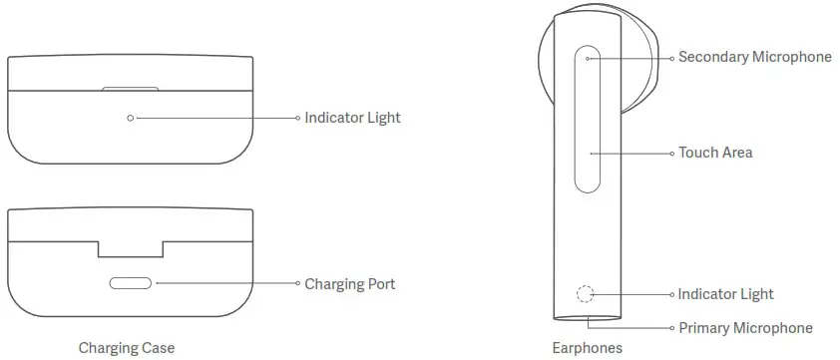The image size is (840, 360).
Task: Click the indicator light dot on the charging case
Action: [131, 118]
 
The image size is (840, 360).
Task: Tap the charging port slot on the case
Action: [131, 283]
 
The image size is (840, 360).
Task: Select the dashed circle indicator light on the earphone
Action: [586, 294]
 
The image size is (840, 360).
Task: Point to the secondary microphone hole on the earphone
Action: [590, 58]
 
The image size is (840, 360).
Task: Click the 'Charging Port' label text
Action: [349, 284]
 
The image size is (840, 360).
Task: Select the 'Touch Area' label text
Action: [715, 153]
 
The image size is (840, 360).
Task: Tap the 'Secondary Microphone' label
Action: [754, 57]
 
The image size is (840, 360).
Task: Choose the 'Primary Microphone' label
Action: [745, 328]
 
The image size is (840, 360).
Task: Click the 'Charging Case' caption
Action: [126, 348]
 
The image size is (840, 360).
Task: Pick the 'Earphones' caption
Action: [588, 348]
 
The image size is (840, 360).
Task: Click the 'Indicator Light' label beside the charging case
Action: [353, 118]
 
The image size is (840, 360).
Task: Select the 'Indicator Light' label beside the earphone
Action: [725, 294]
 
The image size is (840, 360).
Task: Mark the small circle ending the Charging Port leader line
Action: [297, 283]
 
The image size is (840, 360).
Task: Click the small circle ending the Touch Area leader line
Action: [671, 154]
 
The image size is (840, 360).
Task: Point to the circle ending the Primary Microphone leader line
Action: [671, 328]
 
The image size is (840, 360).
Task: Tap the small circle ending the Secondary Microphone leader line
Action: [671, 58]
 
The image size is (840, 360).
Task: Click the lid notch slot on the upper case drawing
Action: [131, 89]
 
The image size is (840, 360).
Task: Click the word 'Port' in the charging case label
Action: [380, 284]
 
